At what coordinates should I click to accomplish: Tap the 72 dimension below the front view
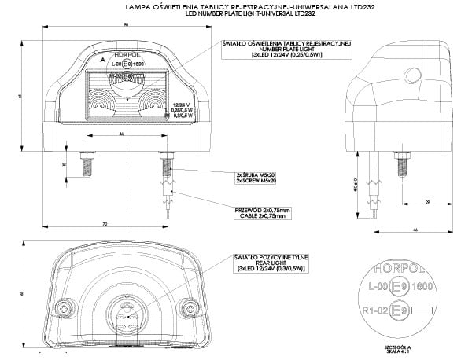[105, 225]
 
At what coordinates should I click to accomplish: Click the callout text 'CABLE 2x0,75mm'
[262, 215]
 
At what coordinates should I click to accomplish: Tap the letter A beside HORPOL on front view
[102, 59]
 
